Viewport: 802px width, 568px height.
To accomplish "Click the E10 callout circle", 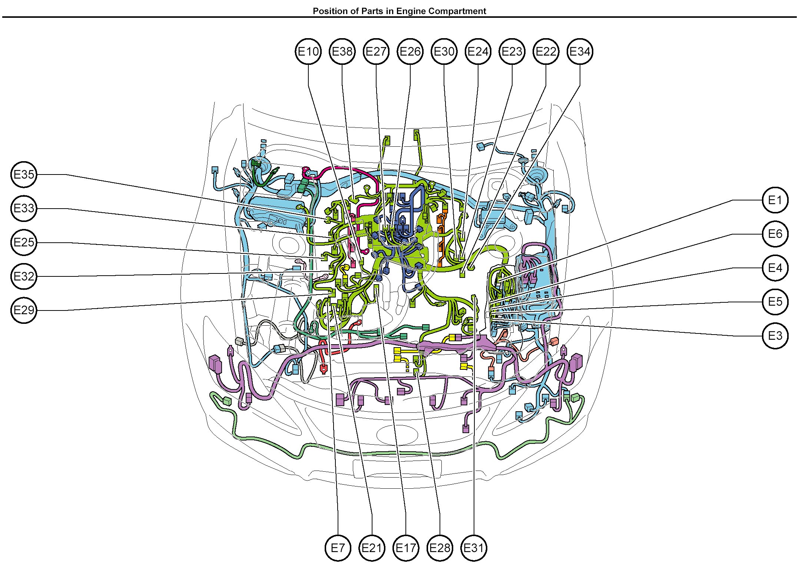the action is coord(308,52).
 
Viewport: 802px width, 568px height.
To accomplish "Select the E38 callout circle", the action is coord(342,52).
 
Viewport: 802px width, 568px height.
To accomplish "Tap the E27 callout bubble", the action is coord(376,52).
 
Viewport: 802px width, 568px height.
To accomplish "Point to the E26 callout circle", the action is coord(410,52).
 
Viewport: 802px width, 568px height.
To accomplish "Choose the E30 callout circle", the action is coord(444,52).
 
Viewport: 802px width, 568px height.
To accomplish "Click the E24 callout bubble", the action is coord(478,52).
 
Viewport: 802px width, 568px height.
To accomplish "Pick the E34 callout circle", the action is coord(580,52).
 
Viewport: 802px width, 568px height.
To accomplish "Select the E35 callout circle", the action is coord(24,175).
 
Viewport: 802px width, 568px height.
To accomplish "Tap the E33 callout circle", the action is coord(24,209).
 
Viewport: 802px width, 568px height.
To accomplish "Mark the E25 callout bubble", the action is coord(24,243).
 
